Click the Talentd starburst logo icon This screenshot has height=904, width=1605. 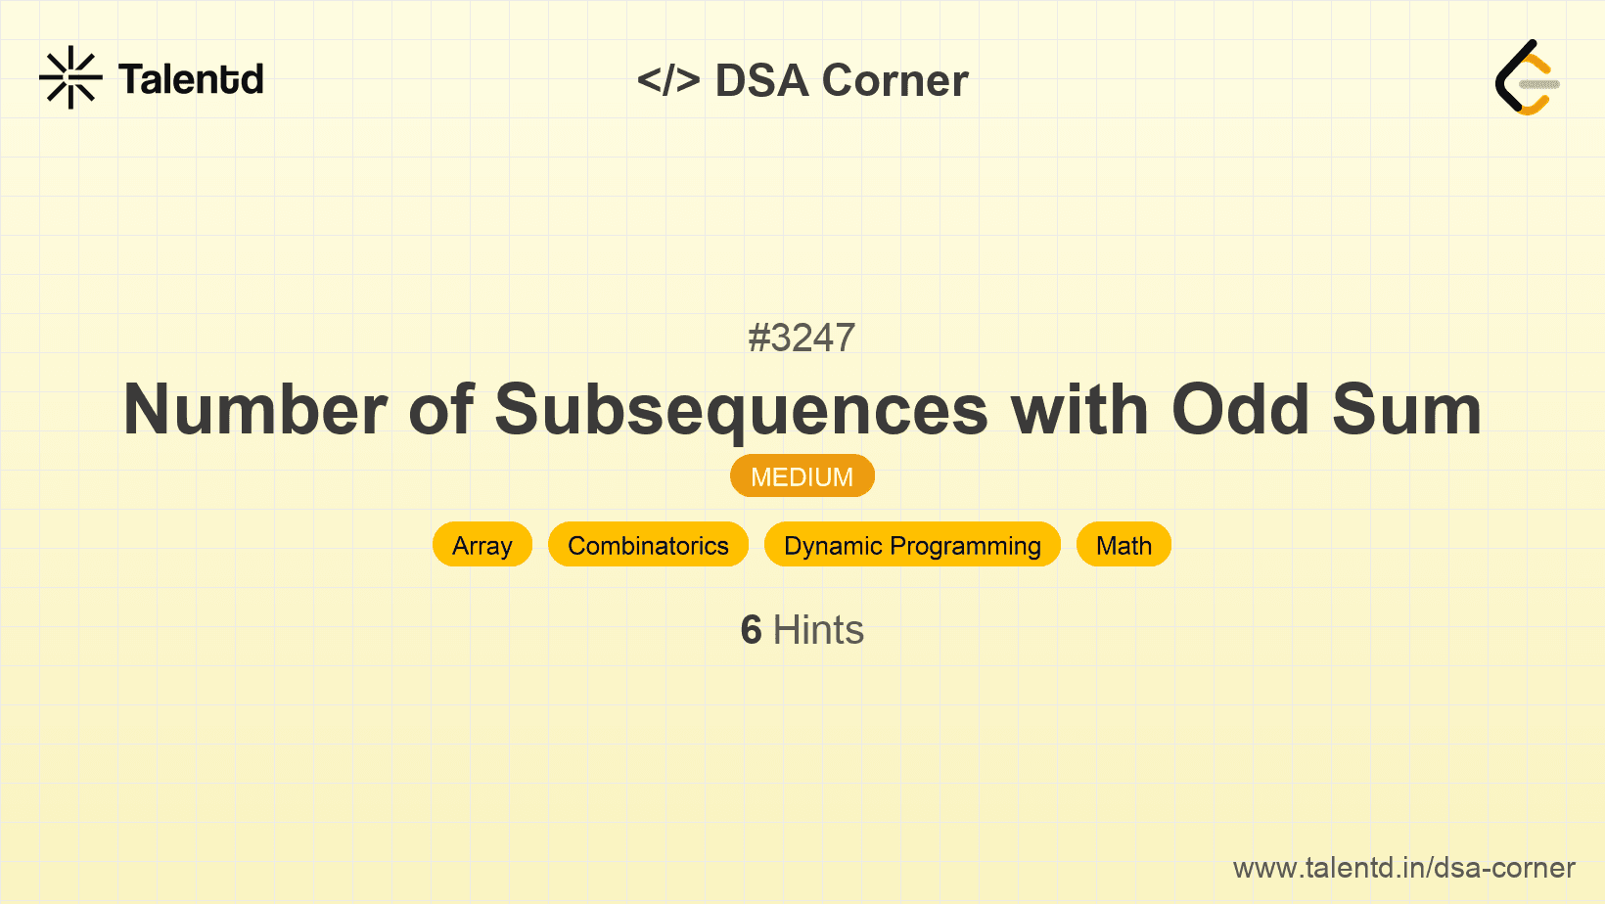(70, 77)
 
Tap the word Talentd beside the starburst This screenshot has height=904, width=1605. (191, 79)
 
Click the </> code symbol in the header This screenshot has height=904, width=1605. (668, 80)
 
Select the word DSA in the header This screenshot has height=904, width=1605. (761, 80)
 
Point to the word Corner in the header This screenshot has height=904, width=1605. (894, 80)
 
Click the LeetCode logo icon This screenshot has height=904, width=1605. (1527, 77)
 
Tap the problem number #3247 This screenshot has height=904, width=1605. (802, 338)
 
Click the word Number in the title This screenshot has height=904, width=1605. (254, 409)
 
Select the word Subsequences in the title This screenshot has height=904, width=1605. (741, 409)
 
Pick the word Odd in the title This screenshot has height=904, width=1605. (1240, 409)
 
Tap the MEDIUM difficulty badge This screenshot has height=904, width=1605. (802, 476)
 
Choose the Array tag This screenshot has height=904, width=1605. (482, 545)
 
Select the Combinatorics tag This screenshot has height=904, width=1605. (648, 545)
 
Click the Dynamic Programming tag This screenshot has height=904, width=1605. (912, 545)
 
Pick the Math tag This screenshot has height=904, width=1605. (1123, 545)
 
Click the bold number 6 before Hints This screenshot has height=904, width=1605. (751, 630)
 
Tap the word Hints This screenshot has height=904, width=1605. (818, 630)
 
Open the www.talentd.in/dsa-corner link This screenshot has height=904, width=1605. (1403, 868)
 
